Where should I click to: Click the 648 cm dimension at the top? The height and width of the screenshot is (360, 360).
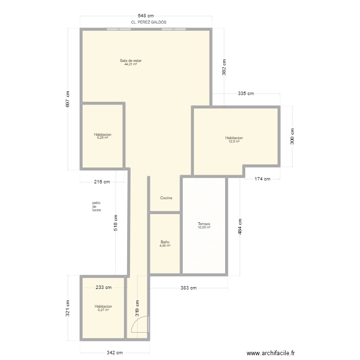pos(146,16)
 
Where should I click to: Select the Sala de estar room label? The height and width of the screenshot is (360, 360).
pos(131,60)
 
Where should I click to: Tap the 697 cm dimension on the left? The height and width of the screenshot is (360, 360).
pos(68,99)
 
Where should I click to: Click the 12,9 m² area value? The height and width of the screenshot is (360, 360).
pos(234,142)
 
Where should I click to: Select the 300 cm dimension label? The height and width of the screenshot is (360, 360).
pos(292,136)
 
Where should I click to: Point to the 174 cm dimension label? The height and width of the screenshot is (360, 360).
pos(262,179)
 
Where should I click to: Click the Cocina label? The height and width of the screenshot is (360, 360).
pos(166,198)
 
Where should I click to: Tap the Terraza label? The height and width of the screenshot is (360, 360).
pos(204,224)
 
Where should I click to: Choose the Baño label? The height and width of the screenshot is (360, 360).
pos(165,242)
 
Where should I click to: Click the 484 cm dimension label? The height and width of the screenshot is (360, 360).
pos(240,227)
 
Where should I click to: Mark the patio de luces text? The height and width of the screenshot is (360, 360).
pos(96,206)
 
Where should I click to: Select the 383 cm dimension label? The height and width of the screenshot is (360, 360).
pos(189,288)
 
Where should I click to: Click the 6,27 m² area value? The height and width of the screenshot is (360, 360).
pos(103,310)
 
